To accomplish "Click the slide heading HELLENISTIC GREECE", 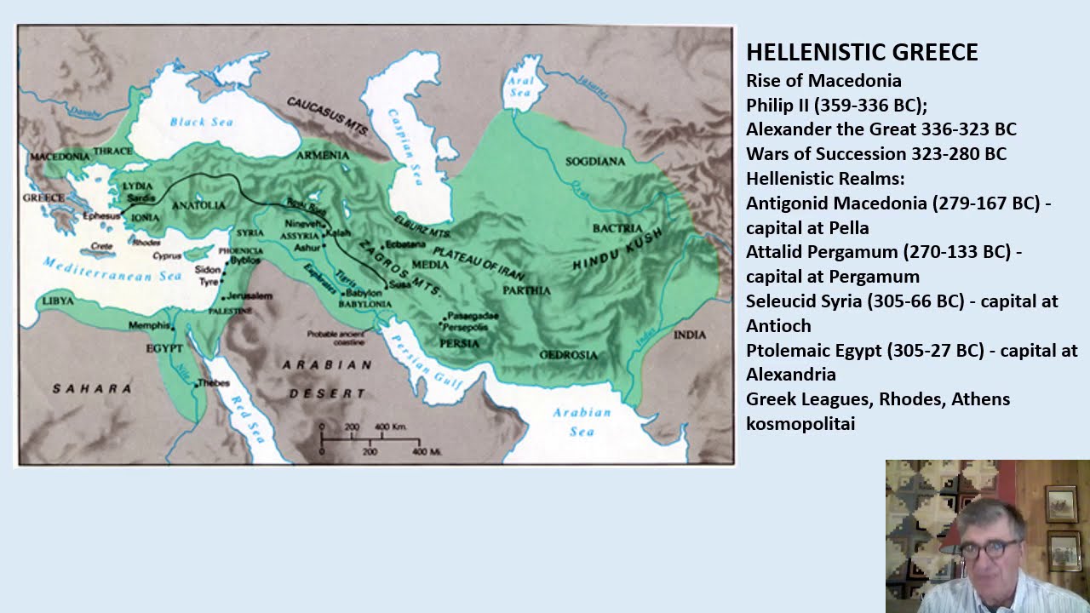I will pos(862,53).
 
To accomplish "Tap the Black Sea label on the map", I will pos(201,122).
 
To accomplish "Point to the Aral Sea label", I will pos(519,87).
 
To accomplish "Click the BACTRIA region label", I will pos(617,228).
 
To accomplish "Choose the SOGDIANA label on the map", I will pos(595,161).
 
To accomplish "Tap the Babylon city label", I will pos(364,293).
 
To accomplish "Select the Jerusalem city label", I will pos(250,296).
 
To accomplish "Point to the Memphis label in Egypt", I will pos(149,325).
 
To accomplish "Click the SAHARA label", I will pos(92,388).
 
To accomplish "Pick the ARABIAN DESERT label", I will pos(328,379).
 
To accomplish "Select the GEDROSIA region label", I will pos(569,354).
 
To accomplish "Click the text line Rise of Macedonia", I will pos(823,81).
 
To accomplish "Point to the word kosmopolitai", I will pos(800,423).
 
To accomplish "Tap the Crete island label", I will pos(100,246).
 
